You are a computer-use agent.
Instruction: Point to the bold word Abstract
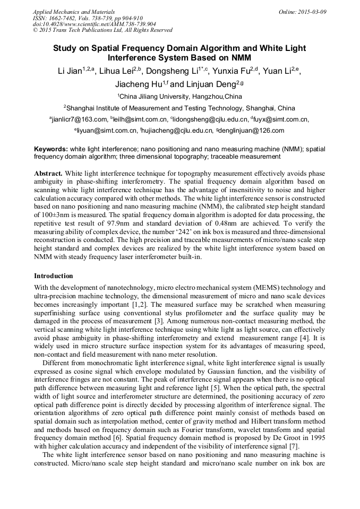48,174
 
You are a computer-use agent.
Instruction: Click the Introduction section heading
53,276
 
